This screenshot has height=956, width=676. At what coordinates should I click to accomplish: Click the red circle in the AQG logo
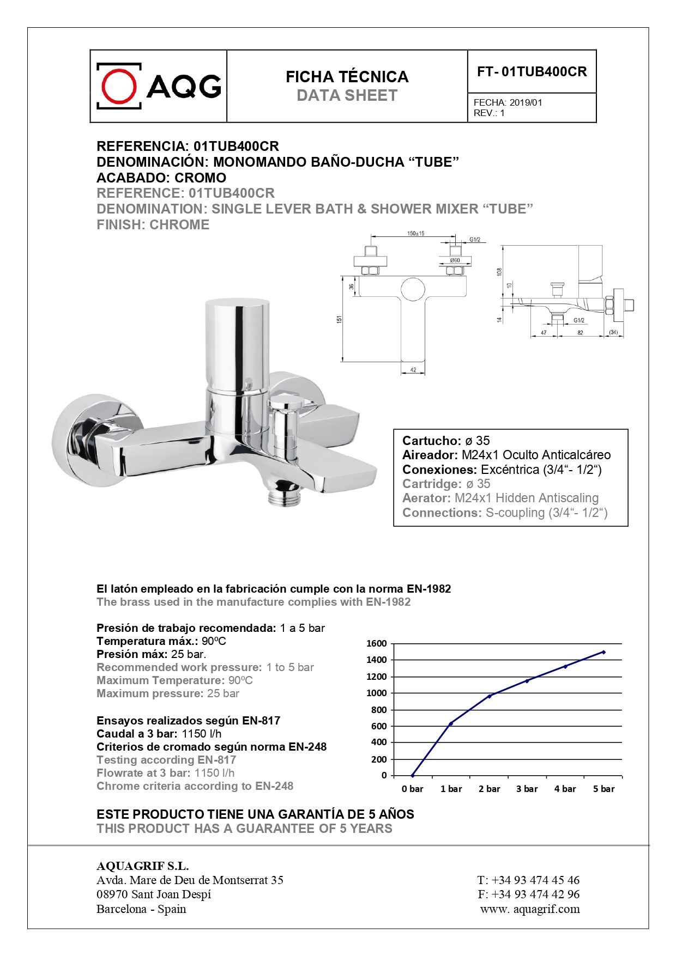[119, 86]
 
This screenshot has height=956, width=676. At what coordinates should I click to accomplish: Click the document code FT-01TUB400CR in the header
[532, 72]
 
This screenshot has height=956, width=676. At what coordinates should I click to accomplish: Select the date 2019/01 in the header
[526, 102]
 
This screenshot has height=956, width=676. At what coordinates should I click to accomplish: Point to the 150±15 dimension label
[415, 234]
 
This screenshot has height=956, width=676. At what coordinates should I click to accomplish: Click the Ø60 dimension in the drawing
[455, 260]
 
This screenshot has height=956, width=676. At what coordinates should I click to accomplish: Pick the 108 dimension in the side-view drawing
[499, 271]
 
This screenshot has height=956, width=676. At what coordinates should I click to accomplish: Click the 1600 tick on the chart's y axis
[376, 643]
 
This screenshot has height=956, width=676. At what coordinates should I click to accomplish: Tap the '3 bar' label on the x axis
[527, 789]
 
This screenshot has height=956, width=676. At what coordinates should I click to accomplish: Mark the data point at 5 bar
[603, 652]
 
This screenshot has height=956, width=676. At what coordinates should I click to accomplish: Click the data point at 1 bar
[451, 723]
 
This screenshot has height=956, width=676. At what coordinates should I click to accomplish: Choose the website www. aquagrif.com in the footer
[530, 909]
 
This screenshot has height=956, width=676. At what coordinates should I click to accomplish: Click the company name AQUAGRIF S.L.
[142, 866]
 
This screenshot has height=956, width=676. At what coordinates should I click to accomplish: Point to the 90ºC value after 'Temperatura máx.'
[214, 641]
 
